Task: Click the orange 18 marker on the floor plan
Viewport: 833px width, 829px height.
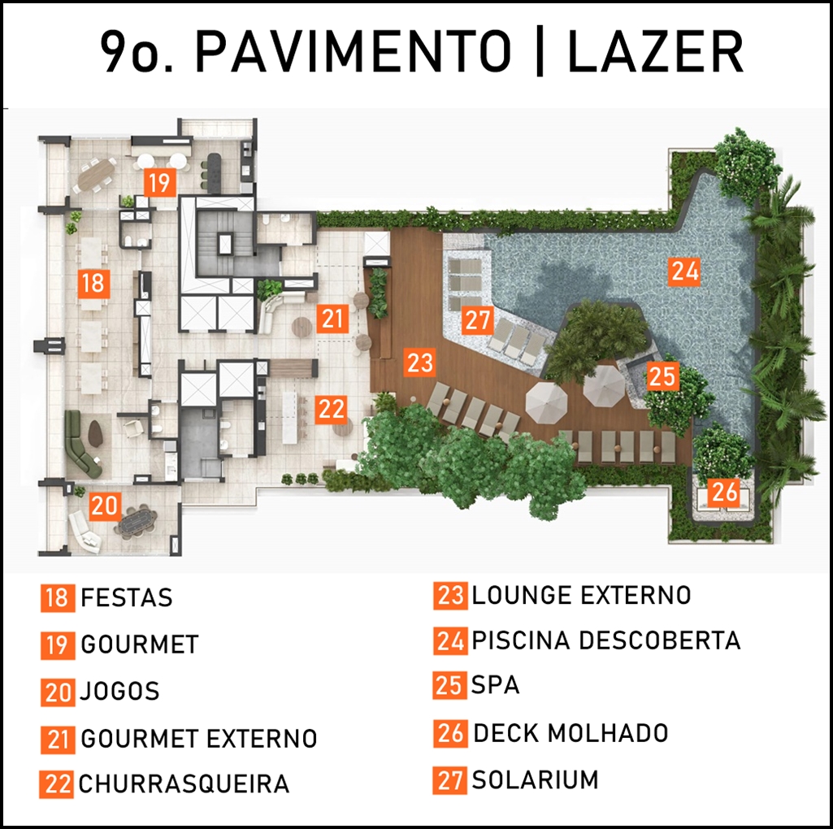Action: pos(93,282)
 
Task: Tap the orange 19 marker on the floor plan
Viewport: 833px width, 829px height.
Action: pos(160,182)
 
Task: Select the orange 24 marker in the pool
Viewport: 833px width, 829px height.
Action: pos(684,271)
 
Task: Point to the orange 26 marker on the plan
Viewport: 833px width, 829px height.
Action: pos(725,491)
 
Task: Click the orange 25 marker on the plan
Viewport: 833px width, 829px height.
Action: pos(662,376)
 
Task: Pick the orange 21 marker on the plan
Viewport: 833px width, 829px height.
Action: pos(332,319)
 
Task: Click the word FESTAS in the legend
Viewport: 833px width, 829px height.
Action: pos(127,598)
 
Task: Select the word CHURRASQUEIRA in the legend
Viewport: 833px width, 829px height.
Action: pos(184,783)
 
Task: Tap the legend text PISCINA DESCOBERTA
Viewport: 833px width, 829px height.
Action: pos(606,640)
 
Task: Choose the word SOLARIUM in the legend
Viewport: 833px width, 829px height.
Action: pos(535,780)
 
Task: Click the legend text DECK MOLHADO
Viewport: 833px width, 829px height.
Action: pos(571,733)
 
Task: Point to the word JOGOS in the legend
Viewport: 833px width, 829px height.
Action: pos(119,692)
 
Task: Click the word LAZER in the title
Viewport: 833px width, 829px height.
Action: pos(655,52)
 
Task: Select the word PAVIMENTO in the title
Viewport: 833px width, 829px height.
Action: pos(354,52)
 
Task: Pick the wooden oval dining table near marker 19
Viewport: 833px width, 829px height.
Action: pos(93,175)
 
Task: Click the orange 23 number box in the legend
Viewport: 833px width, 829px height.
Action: pos(450,595)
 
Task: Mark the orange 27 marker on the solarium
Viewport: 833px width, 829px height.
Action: pos(477,320)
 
